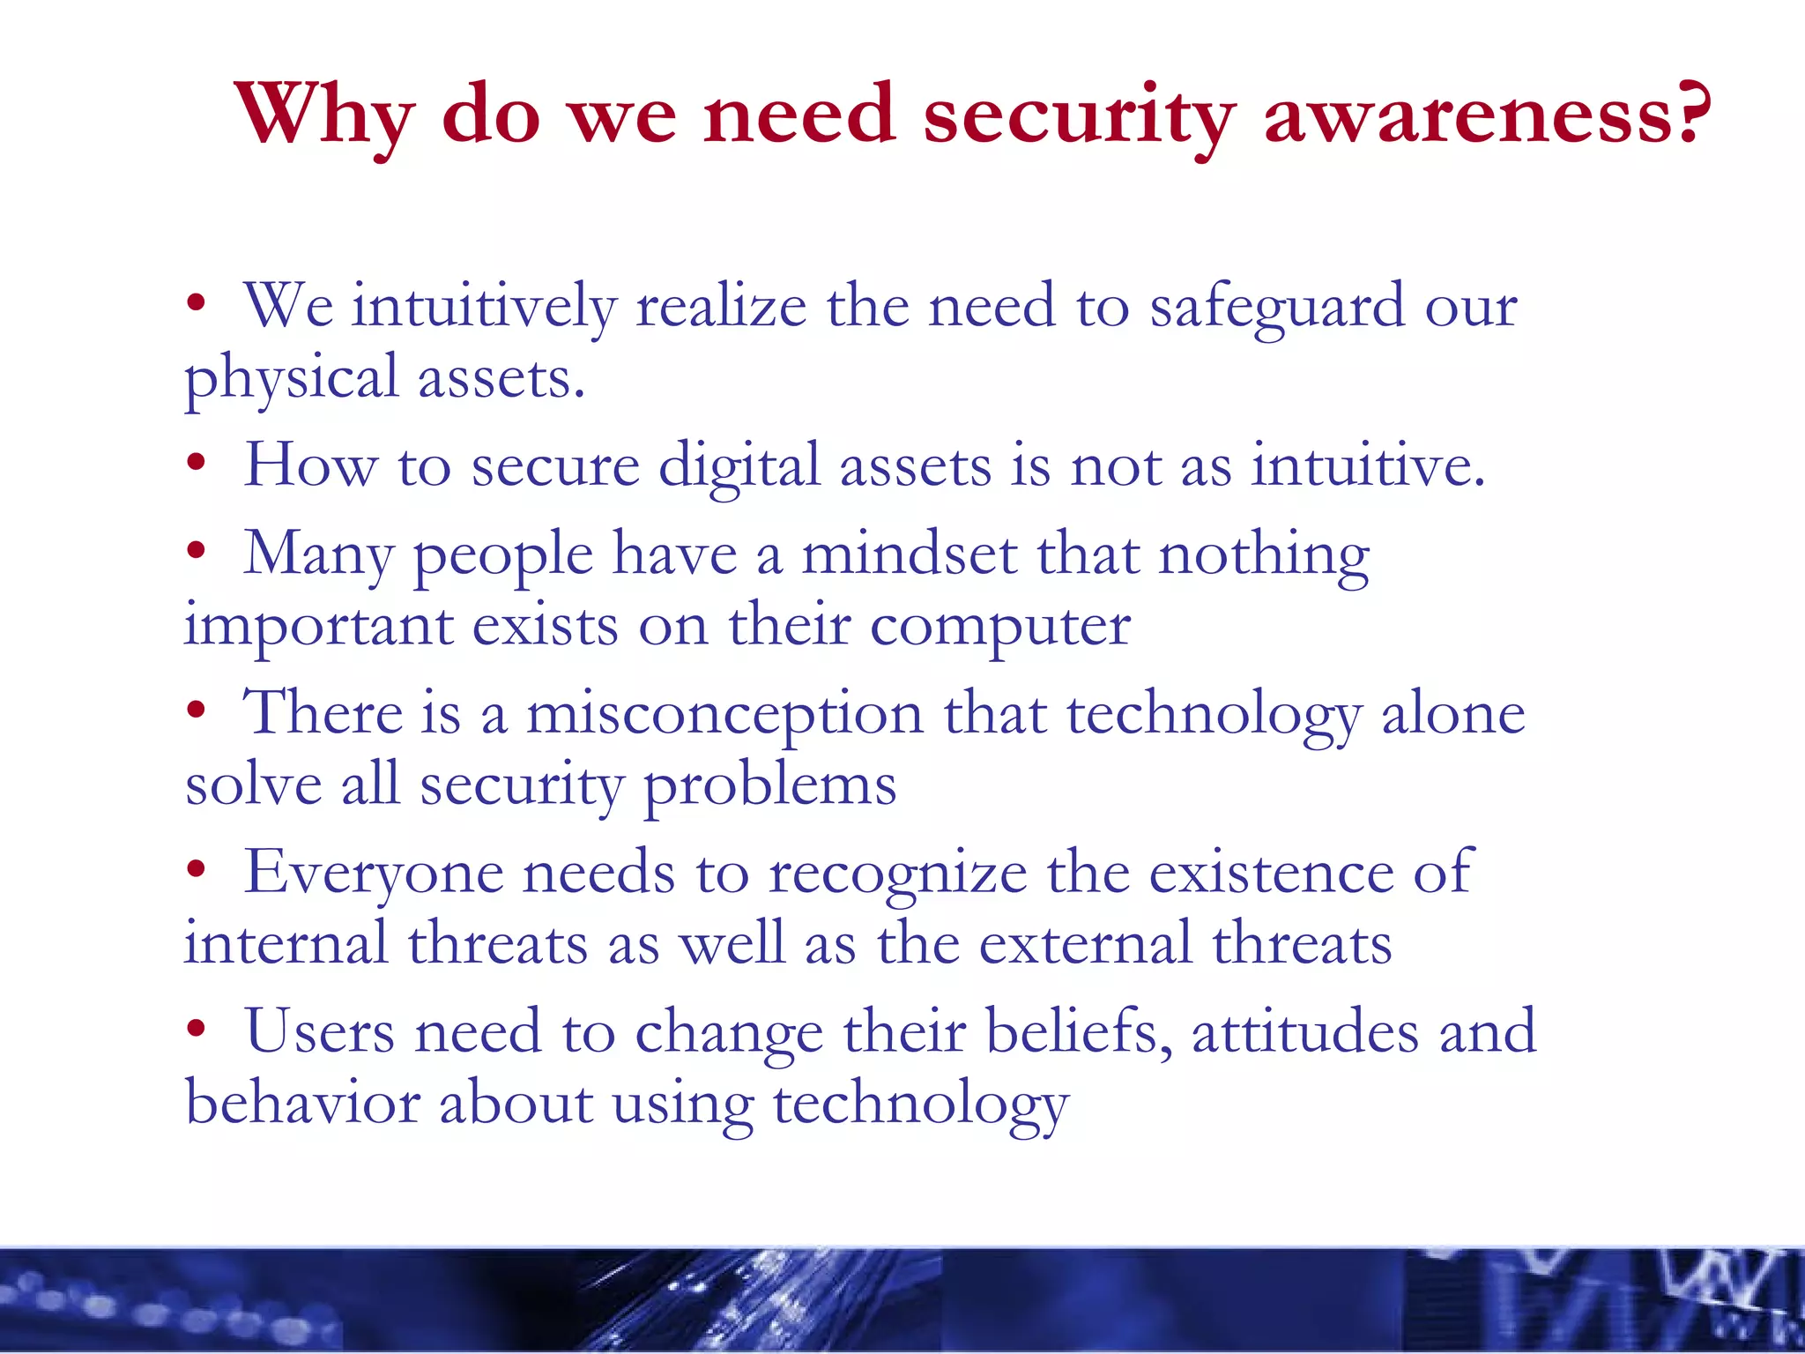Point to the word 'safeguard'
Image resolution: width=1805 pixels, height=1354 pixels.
pos(1277,309)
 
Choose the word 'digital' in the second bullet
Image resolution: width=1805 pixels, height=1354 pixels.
pos(739,467)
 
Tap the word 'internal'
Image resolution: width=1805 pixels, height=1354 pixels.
pos(286,943)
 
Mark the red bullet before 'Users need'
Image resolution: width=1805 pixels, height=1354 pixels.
pos(196,1028)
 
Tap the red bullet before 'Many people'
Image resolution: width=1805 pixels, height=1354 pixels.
pos(196,552)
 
